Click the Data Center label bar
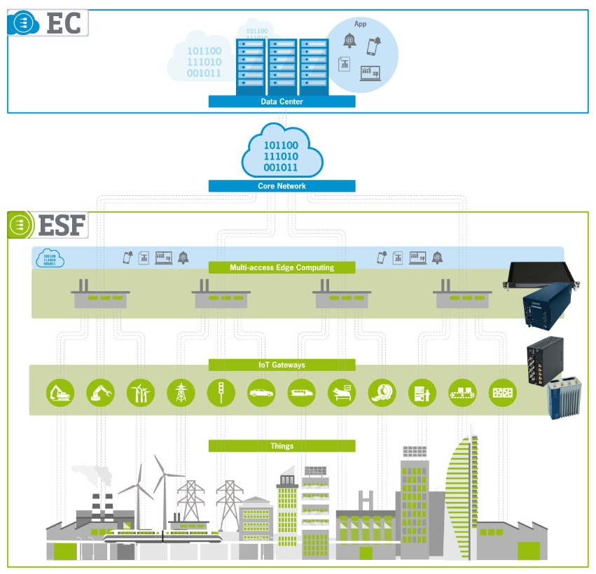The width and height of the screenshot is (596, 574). [282, 101]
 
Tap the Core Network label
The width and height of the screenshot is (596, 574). [282, 186]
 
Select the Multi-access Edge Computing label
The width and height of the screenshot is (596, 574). [282, 267]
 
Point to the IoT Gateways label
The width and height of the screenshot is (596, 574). [282, 365]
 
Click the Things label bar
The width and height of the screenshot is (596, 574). [282, 446]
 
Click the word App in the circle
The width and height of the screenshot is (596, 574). [361, 24]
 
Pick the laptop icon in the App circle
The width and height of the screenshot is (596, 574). [370, 71]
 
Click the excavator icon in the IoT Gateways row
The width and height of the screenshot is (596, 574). [60, 393]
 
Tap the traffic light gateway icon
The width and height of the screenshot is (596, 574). [221, 393]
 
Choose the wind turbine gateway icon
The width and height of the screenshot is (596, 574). [140, 393]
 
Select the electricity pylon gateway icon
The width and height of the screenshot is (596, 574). [181, 393]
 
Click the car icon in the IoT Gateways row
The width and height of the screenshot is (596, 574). [261, 393]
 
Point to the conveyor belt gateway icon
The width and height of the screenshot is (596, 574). [462, 393]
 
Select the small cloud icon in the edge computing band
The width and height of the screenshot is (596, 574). [50, 259]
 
